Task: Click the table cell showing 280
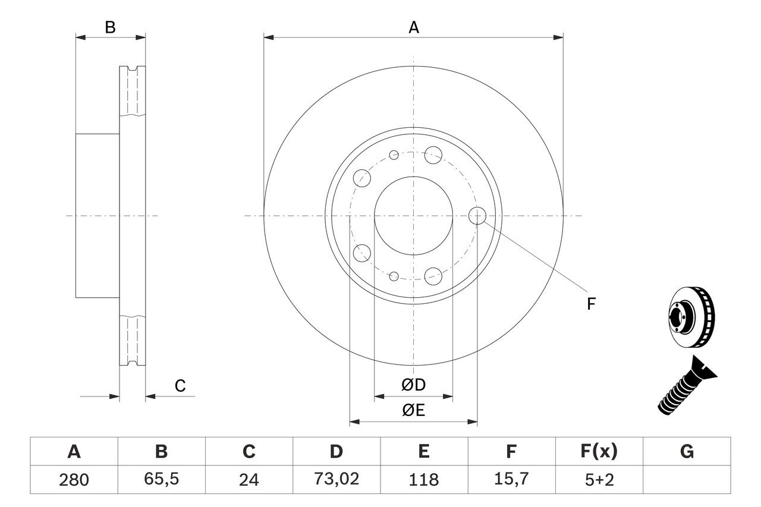pyautogui.click(x=74, y=480)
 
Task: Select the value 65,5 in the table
pyautogui.click(x=161, y=480)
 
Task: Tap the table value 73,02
pyautogui.click(x=336, y=480)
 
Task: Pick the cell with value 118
pyautogui.click(x=423, y=480)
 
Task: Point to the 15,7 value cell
pyautogui.click(x=511, y=480)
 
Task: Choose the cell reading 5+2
pyautogui.click(x=599, y=480)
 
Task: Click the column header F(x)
pyautogui.click(x=599, y=452)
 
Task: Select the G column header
pyautogui.click(x=687, y=452)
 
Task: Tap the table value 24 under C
pyautogui.click(x=249, y=480)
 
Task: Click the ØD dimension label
pyautogui.click(x=414, y=385)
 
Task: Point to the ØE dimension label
pyautogui.click(x=414, y=411)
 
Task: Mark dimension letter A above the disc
pyautogui.click(x=414, y=27)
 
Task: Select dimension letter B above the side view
pyautogui.click(x=110, y=27)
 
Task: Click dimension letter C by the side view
pyautogui.click(x=180, y=386)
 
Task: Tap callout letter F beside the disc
pyautogui.click(x=590, y=304)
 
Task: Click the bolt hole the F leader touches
pyautogui.click(x=477, y=215)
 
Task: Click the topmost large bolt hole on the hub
pyautogui.click(x=433, y=155)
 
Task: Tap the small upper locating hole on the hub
pyautogui.click(x=394, y=155)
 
